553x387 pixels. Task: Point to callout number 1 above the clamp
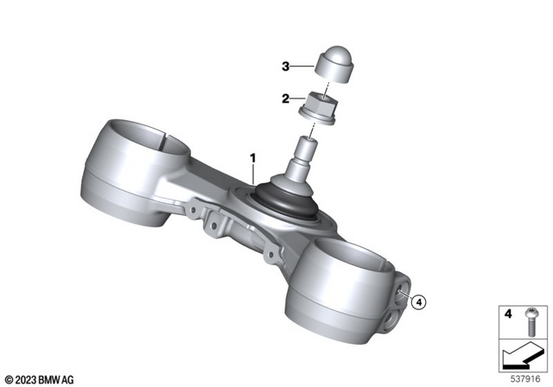253,159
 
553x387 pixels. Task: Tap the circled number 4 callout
419,302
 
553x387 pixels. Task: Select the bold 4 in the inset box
508,315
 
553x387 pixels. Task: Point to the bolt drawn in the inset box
529,323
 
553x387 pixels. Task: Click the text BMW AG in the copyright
57,378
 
